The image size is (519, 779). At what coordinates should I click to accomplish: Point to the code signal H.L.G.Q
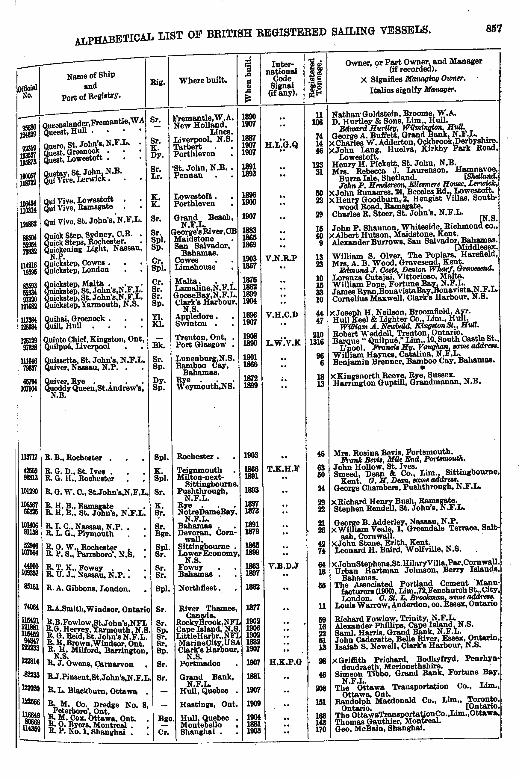click(x=282, y=144)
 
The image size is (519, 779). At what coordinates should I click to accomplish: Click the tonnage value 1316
click(x=317, y=342)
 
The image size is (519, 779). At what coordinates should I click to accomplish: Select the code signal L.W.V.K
click(x=283, y=343)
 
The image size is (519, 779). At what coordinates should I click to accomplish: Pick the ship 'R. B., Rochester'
click(x=74, y=458)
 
